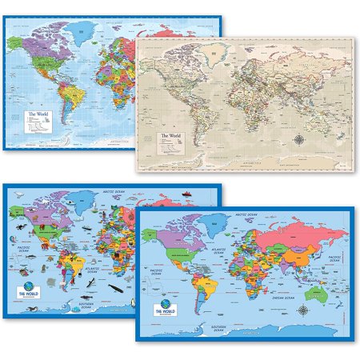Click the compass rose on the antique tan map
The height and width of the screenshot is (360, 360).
pyautogui.click(x=321, y=141)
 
